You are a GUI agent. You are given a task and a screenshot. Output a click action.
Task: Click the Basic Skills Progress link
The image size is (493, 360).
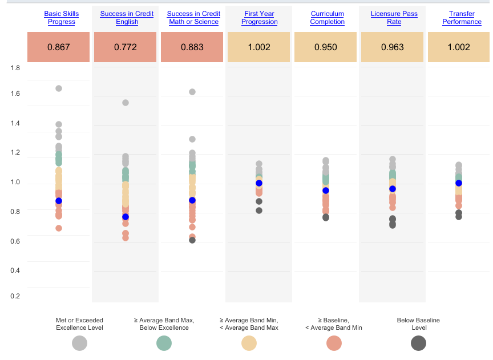[62, 18]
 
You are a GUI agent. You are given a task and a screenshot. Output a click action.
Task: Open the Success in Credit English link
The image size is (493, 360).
[127, 18]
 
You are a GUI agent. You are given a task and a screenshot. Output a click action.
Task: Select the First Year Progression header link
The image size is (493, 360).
[260, 18]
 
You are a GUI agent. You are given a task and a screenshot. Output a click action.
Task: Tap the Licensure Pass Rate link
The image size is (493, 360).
[394, 18]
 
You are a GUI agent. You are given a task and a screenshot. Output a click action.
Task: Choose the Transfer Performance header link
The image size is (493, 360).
[462, 18]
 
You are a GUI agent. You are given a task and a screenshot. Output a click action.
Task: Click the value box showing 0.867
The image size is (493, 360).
[58, 47]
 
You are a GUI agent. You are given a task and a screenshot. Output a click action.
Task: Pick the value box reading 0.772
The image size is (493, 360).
[125, 47]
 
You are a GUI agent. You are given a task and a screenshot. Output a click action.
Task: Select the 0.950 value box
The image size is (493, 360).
[325, 47]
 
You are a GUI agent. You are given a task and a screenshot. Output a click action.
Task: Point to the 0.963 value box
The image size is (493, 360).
[392, 47]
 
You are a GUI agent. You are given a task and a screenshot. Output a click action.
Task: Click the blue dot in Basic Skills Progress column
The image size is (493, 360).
[59, 201]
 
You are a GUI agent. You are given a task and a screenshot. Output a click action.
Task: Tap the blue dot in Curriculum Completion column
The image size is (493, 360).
[326, 191]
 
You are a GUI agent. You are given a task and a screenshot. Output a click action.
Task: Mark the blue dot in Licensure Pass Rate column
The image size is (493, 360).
[393, 189]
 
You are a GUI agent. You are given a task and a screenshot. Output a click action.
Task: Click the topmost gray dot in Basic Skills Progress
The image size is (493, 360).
[59, 88]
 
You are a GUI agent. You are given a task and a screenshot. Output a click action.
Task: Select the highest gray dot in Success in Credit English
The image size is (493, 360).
[126, 103]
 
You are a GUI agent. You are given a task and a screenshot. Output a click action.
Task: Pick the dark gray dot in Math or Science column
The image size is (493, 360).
[192, 240]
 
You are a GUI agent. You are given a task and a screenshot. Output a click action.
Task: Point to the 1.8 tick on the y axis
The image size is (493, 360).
[15, 68]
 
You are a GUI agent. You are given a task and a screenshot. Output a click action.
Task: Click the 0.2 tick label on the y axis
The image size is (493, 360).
[15, 296]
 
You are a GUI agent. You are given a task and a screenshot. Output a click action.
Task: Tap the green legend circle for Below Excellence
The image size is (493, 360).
[164, 343]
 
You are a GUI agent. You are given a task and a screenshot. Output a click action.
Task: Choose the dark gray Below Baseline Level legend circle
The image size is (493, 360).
[418, 343]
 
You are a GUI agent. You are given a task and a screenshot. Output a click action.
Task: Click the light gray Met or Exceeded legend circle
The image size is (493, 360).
[79, 343]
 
